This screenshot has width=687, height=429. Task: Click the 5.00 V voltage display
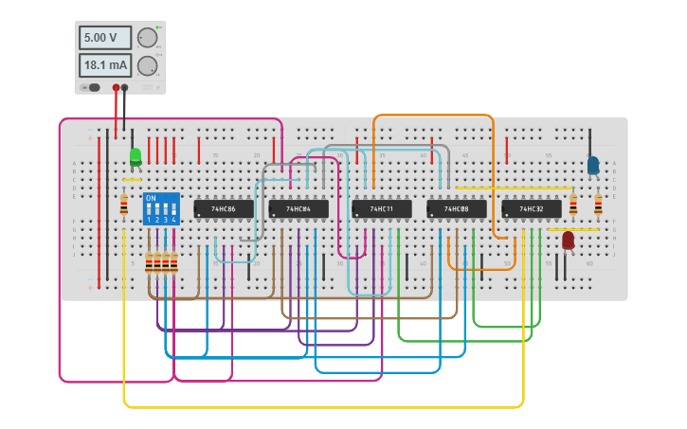point(104,38)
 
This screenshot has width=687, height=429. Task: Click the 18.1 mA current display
point(104,65)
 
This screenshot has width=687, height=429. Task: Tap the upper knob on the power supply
point(147,38)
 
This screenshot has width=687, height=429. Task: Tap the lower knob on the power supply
point(147,65)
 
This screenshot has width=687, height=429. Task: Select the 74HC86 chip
point(224,208)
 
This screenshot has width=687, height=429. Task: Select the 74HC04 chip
point(298,208)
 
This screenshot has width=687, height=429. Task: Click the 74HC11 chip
point(382,208)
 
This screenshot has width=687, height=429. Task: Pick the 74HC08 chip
point(457,208)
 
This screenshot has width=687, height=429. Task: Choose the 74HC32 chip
point(531,208)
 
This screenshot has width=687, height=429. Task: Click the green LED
point(136,156)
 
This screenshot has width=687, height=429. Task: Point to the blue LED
point(593,165)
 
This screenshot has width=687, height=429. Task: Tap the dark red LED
point(568,241)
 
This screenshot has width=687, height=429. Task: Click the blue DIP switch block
point(161,208)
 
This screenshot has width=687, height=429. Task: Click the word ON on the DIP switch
point(151,198)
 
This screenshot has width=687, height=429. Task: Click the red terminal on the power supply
point(116,87)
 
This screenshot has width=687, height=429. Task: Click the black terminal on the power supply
point(124,87)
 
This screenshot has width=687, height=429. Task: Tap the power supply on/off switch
point(92,87)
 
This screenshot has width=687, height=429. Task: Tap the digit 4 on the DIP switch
point(173,220)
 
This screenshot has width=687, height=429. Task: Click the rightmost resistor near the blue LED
point(598,205)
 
